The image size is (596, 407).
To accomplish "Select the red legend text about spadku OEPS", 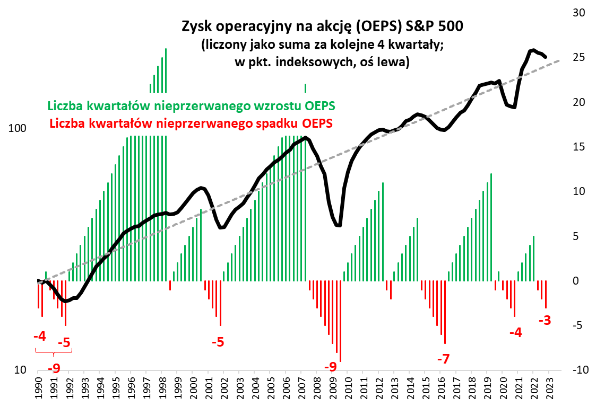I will [191, 124].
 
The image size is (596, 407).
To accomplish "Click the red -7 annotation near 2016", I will [443, 359].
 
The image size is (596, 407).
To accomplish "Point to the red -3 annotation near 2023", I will [546, 321].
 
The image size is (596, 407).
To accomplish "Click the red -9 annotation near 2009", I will [330, 367].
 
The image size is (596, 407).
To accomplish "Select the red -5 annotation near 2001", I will [218, 342].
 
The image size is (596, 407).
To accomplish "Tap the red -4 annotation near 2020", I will [515, 333].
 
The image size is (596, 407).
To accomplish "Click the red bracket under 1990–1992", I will [53, 353].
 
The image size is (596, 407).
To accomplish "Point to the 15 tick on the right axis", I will [578, 147].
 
